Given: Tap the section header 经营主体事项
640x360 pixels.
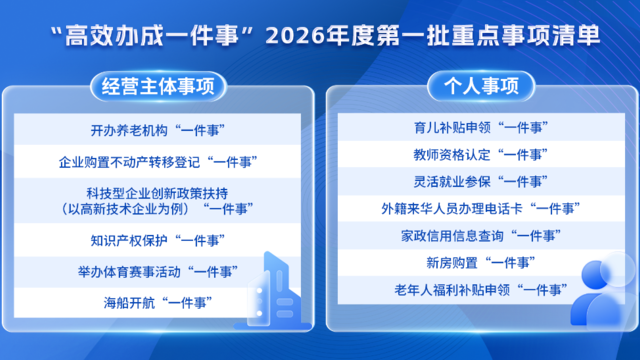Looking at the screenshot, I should (159, 86).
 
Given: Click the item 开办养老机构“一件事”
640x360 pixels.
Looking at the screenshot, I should (158, 131).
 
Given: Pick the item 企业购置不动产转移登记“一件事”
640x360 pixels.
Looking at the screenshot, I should (158, 160).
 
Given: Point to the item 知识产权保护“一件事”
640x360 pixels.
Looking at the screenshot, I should (158, 240).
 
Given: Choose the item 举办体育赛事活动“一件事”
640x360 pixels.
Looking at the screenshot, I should (158, 269).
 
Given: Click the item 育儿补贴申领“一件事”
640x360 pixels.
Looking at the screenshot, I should (478, 129).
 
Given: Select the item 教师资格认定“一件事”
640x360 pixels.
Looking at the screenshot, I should (478, 156).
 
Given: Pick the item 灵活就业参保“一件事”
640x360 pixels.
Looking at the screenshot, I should (478, 182).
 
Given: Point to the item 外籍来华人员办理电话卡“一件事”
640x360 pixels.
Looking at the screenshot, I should (478, 209).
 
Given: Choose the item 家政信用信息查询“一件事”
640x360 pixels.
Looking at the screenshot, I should (478, 237).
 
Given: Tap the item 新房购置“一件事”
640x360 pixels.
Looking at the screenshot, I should (478, 263).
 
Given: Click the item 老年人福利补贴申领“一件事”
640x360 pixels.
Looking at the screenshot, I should (478, 290).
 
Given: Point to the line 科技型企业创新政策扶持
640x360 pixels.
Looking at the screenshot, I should (158, 190).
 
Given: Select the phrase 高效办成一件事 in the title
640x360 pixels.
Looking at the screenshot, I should (156, 36).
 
